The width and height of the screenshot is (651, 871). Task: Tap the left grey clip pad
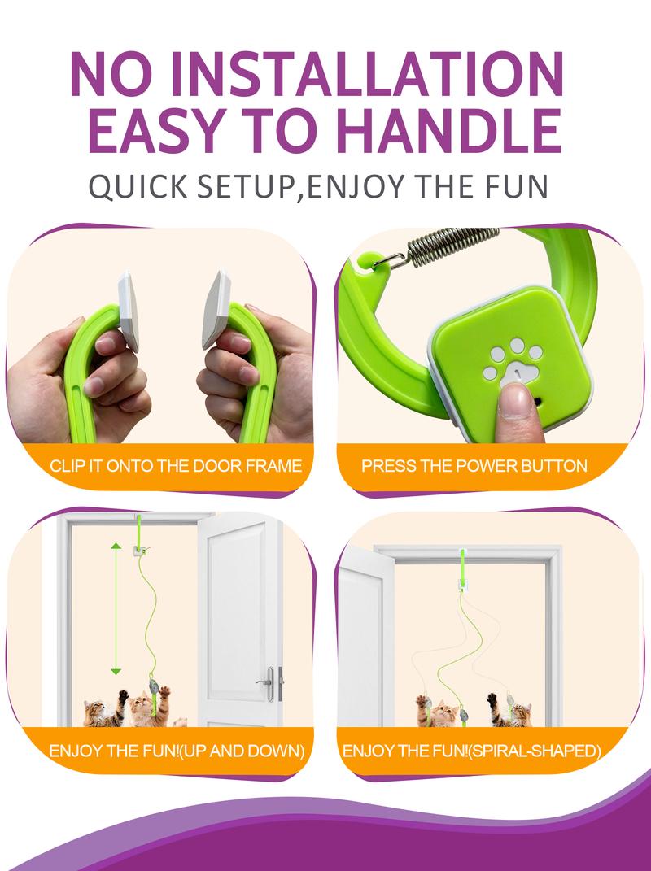tap(129, 311)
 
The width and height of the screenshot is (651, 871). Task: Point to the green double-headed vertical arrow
tap(116, 609)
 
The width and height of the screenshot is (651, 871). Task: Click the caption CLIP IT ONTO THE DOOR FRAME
tap(176, 465)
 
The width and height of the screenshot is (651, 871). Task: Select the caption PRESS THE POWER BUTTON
tap(474, 465)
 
